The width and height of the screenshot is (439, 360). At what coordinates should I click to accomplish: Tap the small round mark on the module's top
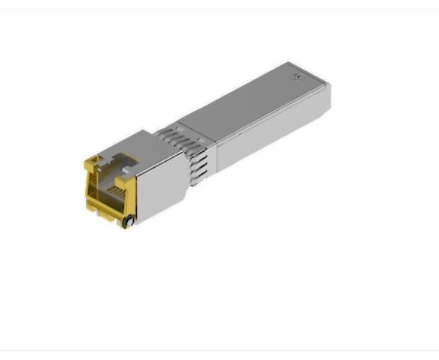(x=296, y=76)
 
